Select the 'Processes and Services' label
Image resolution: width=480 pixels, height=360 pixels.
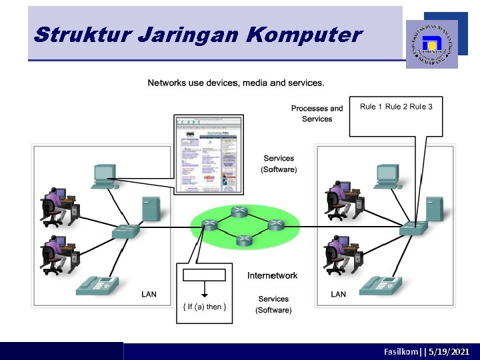tap(317, 113)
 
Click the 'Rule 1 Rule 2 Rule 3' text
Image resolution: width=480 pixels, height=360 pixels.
tap(396, 107)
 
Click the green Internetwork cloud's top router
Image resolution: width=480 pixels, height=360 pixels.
tap(239, 212)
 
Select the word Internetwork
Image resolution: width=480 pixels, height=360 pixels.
tap(272, 275)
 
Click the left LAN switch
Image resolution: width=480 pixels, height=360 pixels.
tap(125, 231)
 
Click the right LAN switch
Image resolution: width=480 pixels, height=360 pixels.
tap(413, 228)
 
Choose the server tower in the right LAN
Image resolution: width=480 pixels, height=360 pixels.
tap(434, 208)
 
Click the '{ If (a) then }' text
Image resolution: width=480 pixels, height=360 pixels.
tap(205, 307)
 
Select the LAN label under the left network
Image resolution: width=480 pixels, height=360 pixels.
tap(149, 294)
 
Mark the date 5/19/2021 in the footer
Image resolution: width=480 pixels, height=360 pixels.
tap(451, 351)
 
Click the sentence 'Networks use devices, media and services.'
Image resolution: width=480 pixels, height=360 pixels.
tap(236, 83)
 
